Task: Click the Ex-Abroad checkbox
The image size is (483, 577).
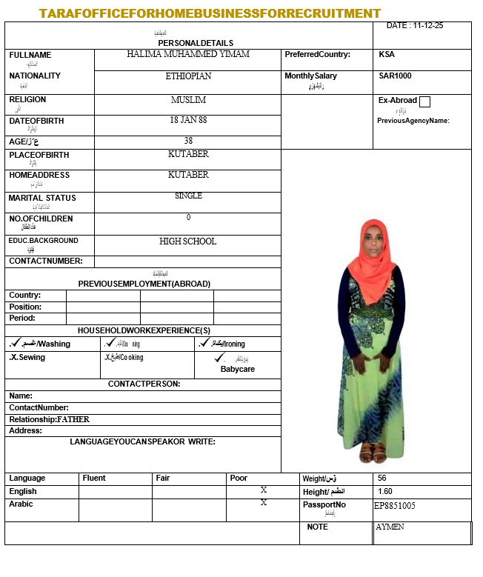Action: point(424,101)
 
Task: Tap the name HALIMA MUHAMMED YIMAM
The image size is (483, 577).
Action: point(188,54)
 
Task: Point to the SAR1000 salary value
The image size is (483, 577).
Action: point(395,76)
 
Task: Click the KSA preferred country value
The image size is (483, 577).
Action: point(387,54)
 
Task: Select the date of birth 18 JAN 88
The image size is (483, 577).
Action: point(188,119)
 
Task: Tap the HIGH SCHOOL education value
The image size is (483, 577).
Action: point(188,241)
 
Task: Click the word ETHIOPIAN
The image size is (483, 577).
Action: point(188,76)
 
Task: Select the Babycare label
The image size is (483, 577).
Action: point(238,369)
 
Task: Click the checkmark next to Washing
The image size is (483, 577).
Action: point(14,343)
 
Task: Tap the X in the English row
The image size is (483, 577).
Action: point(264,490)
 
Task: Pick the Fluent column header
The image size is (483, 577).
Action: point(94,478)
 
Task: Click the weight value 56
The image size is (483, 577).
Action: point(382,478)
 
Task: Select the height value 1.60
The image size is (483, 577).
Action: point(385,491)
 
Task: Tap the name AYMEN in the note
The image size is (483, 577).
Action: point(390,527)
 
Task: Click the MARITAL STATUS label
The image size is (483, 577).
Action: point(42,198)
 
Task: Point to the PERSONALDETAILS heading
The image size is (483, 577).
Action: point(196,43)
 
